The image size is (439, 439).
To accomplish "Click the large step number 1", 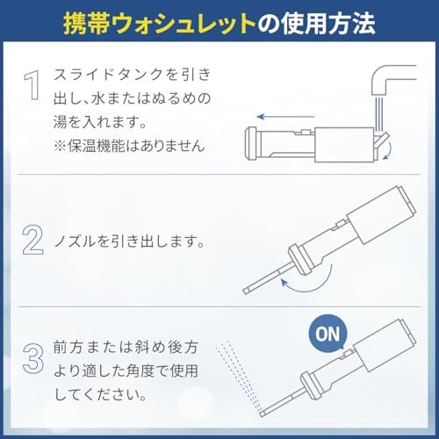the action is pos(32,85).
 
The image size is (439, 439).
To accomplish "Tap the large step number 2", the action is pos(32,240).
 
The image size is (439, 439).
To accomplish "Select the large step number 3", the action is pos(33,358).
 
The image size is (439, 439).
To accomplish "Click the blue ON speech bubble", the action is pos(327,333).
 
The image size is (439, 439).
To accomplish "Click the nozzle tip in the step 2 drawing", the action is pos(247,291).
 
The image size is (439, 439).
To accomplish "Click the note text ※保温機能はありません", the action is pos(129,146).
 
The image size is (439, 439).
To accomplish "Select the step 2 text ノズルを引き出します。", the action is pos(129,241).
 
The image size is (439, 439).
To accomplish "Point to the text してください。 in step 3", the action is pos(100,395).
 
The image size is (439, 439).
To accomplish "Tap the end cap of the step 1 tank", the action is pos(250,144).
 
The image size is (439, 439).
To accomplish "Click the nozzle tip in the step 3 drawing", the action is pos(263,414).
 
